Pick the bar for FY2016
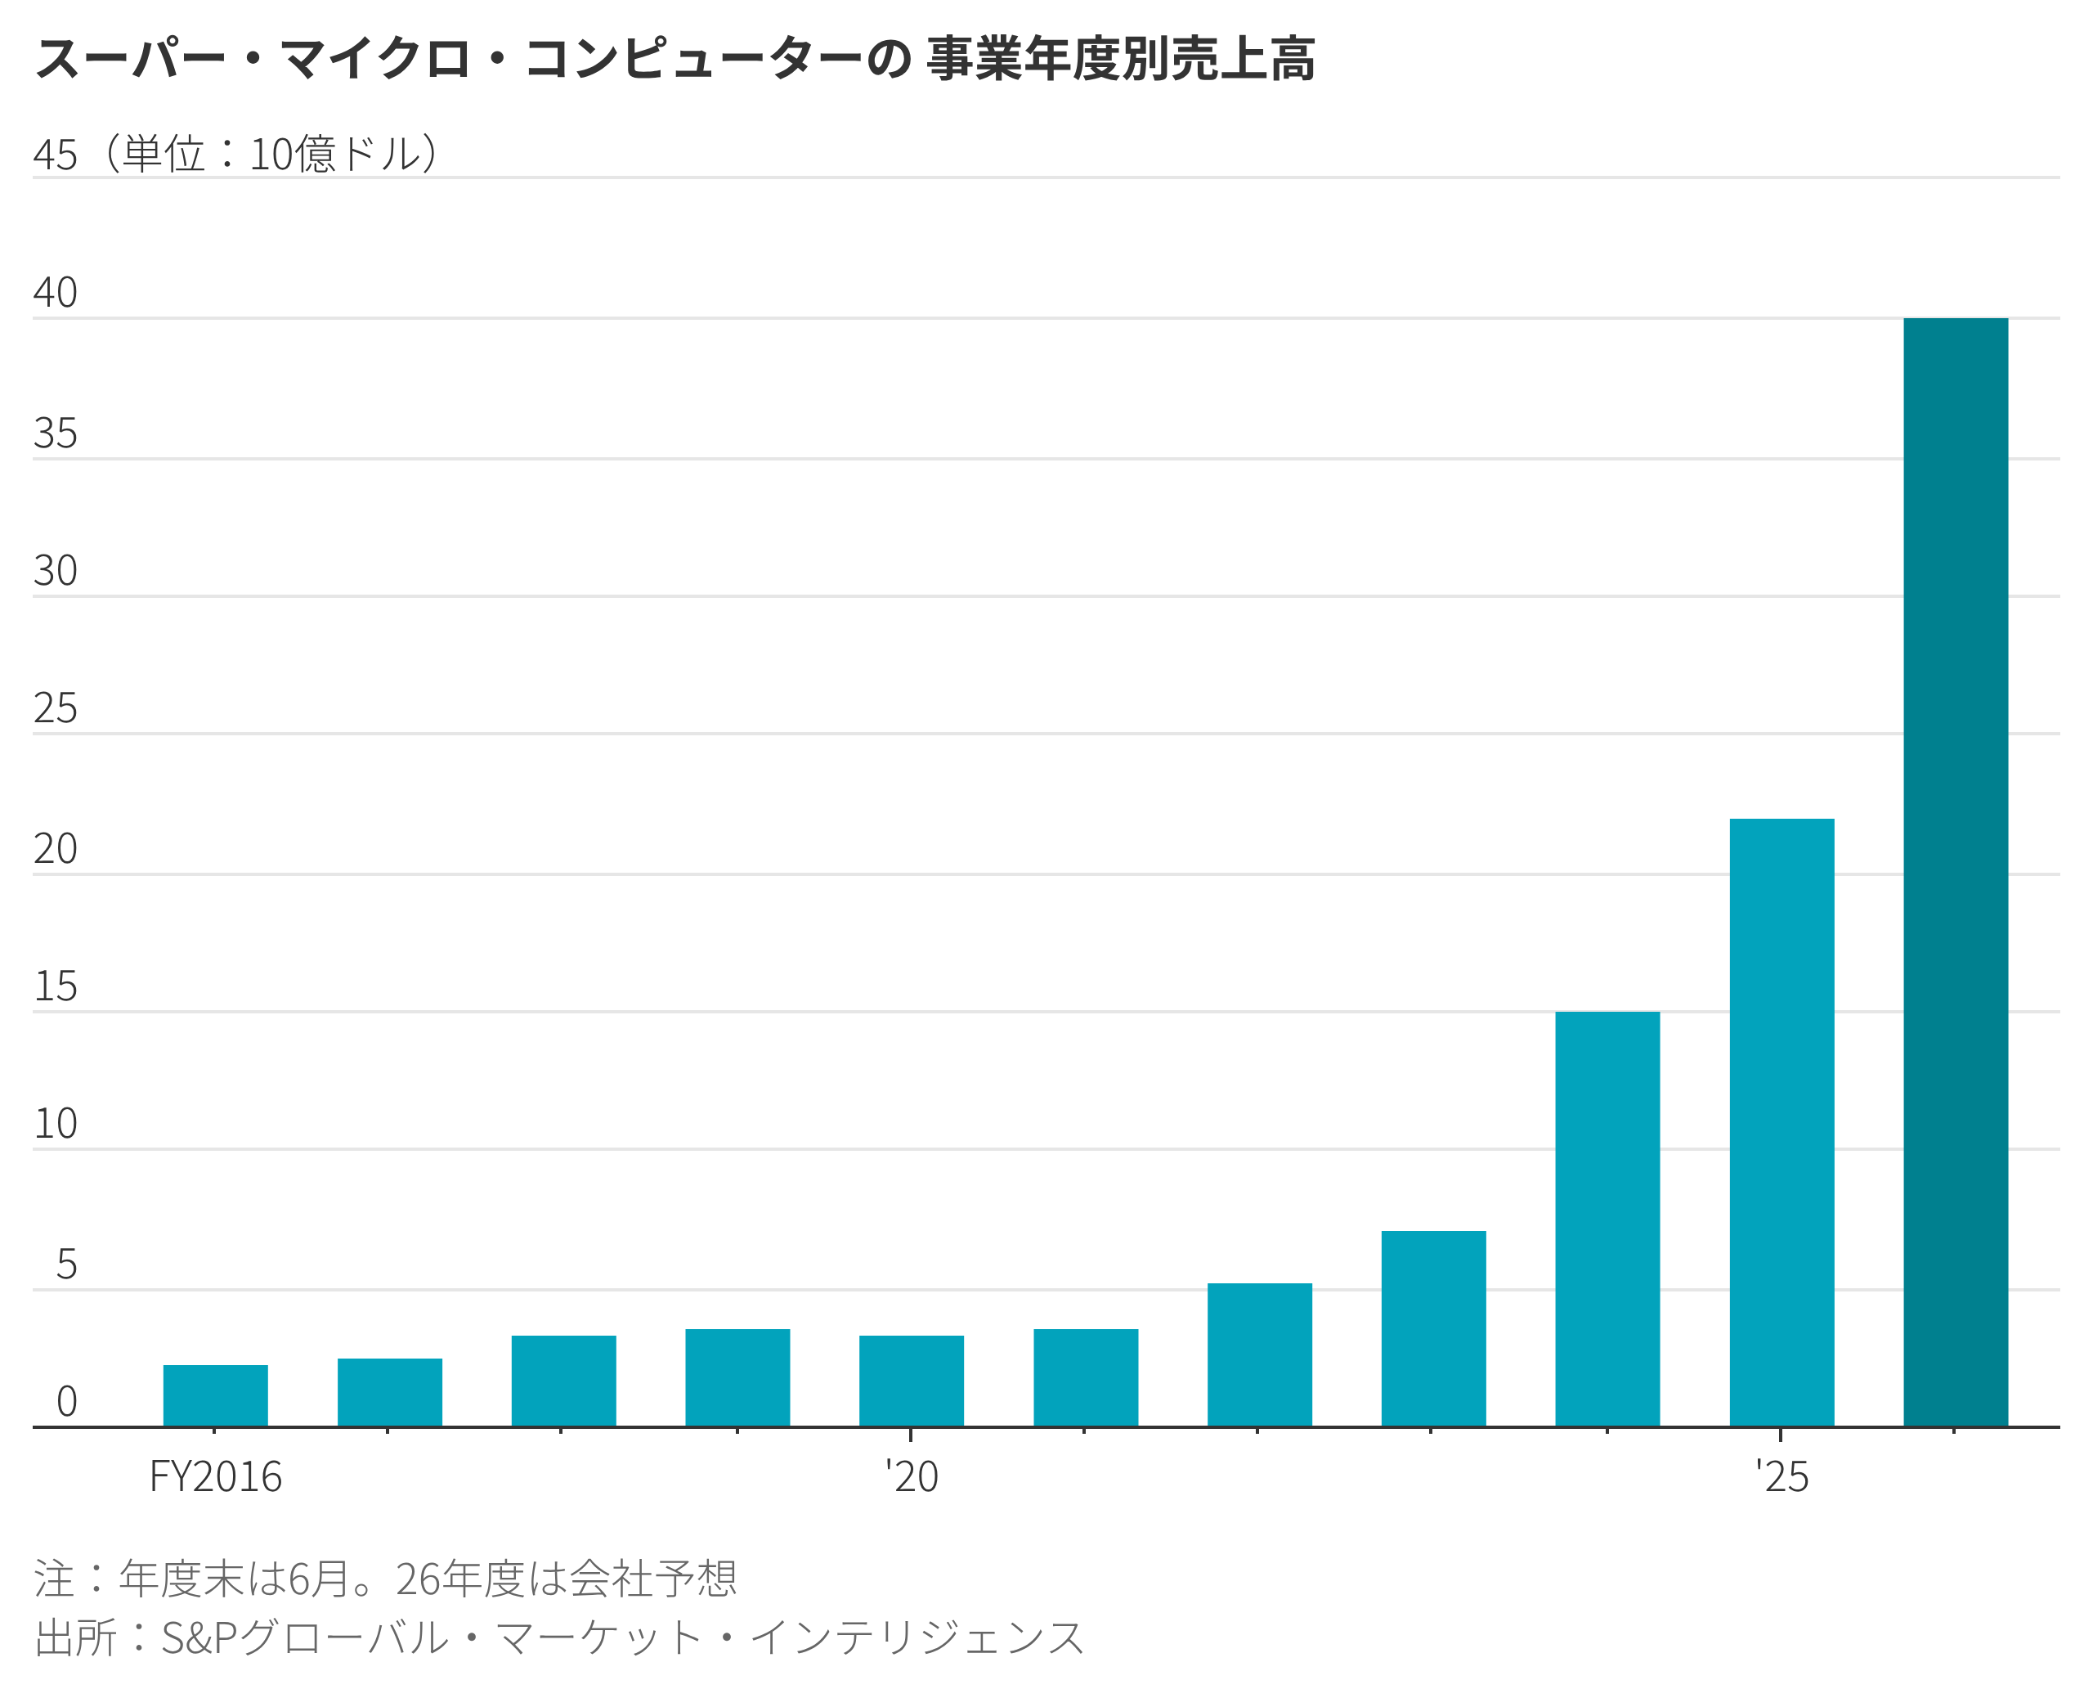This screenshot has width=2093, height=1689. (x=215, y=1395)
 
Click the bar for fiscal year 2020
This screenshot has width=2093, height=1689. (x=912, y=1381)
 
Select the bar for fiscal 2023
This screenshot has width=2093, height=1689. (x=1432, y=1328)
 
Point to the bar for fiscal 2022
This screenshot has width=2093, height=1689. (x=1260, y=1354)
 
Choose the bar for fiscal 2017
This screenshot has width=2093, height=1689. (x=389, y=1392)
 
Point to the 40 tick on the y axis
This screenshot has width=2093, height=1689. (x=55, y=293)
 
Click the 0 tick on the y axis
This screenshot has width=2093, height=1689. (x=66, y=1401)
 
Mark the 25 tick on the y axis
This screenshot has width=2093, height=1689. (x=55, y=708)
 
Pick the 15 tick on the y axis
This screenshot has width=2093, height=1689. (x=55, y=986)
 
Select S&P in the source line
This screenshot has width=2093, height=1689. (x=199, y=1637)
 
